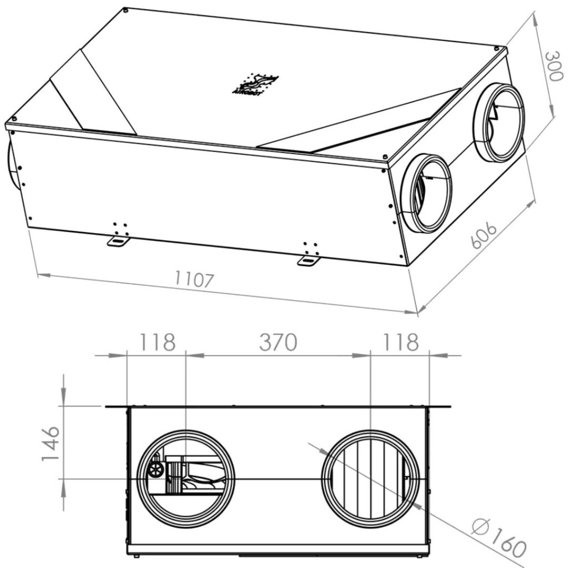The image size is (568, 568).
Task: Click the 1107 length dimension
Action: click(194, 280)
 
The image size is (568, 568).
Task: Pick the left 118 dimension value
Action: click(157, 342)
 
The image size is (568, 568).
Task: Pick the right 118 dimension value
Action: click(399, 342)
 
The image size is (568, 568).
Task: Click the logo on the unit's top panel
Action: click(255, 85)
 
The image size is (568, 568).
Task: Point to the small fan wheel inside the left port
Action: click(155, 470)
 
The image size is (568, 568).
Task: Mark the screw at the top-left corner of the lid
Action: click(126, 9)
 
